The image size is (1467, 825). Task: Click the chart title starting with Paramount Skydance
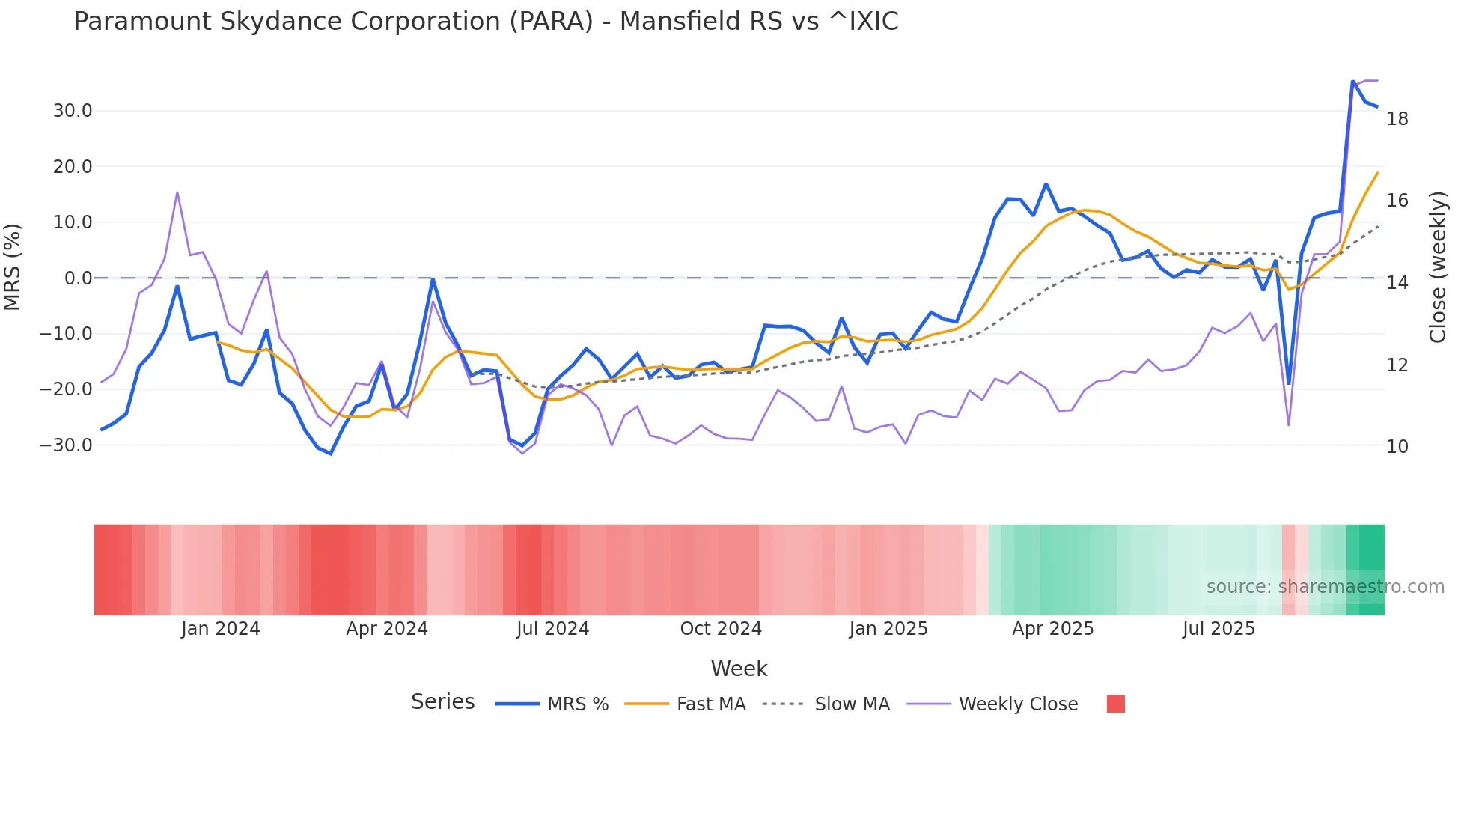486,22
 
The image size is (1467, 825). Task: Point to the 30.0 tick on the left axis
73,111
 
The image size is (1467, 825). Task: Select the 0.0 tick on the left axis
78,278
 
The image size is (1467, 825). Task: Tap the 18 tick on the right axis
1397,118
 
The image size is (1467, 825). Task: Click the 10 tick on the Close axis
1397,446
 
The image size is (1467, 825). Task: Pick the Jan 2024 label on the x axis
220,629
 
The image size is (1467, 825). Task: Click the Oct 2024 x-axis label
720,629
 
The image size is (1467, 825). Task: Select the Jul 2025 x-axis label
1219,629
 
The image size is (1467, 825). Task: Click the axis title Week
739,669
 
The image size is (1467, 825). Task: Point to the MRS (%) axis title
13,267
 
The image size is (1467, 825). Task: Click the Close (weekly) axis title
1438,267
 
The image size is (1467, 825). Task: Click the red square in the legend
1115,704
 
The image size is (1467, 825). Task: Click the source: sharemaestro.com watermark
1325,587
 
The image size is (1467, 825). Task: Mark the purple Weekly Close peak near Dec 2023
177,192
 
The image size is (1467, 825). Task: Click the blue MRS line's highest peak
1352,81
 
